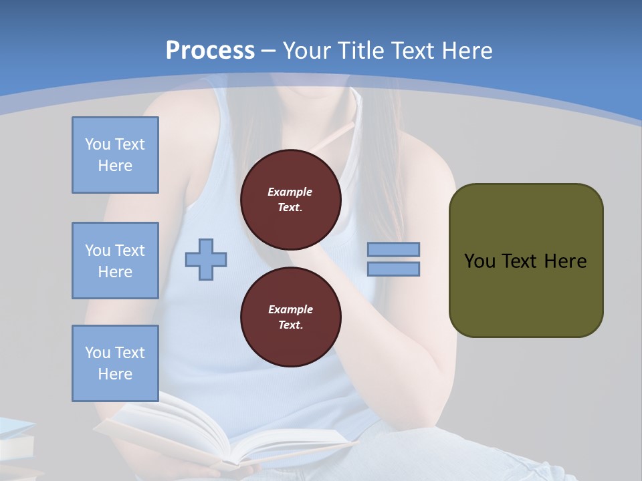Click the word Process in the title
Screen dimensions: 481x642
(x=210, y=51)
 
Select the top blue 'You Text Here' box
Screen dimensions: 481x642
(x=115, y=155)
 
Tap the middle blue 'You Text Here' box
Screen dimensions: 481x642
(x=115, y=261)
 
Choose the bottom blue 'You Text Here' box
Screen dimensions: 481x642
(x=115, y=363)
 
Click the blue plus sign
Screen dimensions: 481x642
(x=206, y=259)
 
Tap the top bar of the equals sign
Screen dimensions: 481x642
(x=393, y=249)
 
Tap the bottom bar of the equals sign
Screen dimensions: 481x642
(x=393, y=269)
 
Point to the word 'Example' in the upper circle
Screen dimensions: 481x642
(x=290, y=192)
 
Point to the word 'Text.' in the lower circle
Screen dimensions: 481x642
(x=290, y=325)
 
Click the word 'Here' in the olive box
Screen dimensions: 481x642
(x=565, y=261)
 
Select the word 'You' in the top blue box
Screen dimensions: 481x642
(x=97, y=144)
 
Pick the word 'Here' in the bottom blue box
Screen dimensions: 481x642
(x=115, y=374)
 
